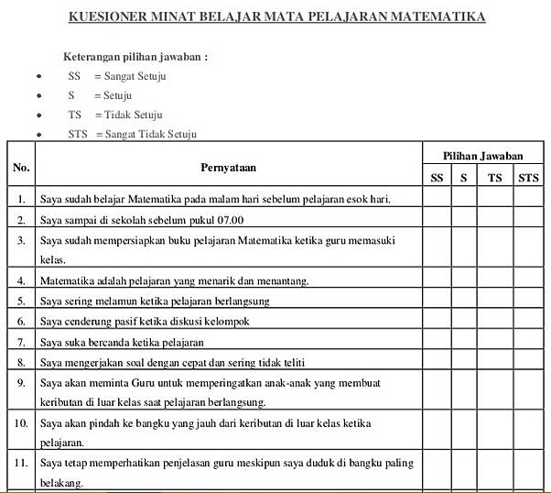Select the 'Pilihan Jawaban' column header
[483, 157]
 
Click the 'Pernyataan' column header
[229, 168]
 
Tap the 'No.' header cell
[21, 168]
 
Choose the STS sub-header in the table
[528, 179]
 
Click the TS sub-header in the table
[494, 179]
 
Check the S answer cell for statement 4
[464, 280]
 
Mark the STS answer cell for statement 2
[528, 220]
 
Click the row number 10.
[21, 423]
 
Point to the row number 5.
[21, 301]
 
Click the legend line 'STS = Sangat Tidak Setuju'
[132, 134]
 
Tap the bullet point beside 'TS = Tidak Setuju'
[38, 115]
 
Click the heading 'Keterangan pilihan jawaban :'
[135, 57]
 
